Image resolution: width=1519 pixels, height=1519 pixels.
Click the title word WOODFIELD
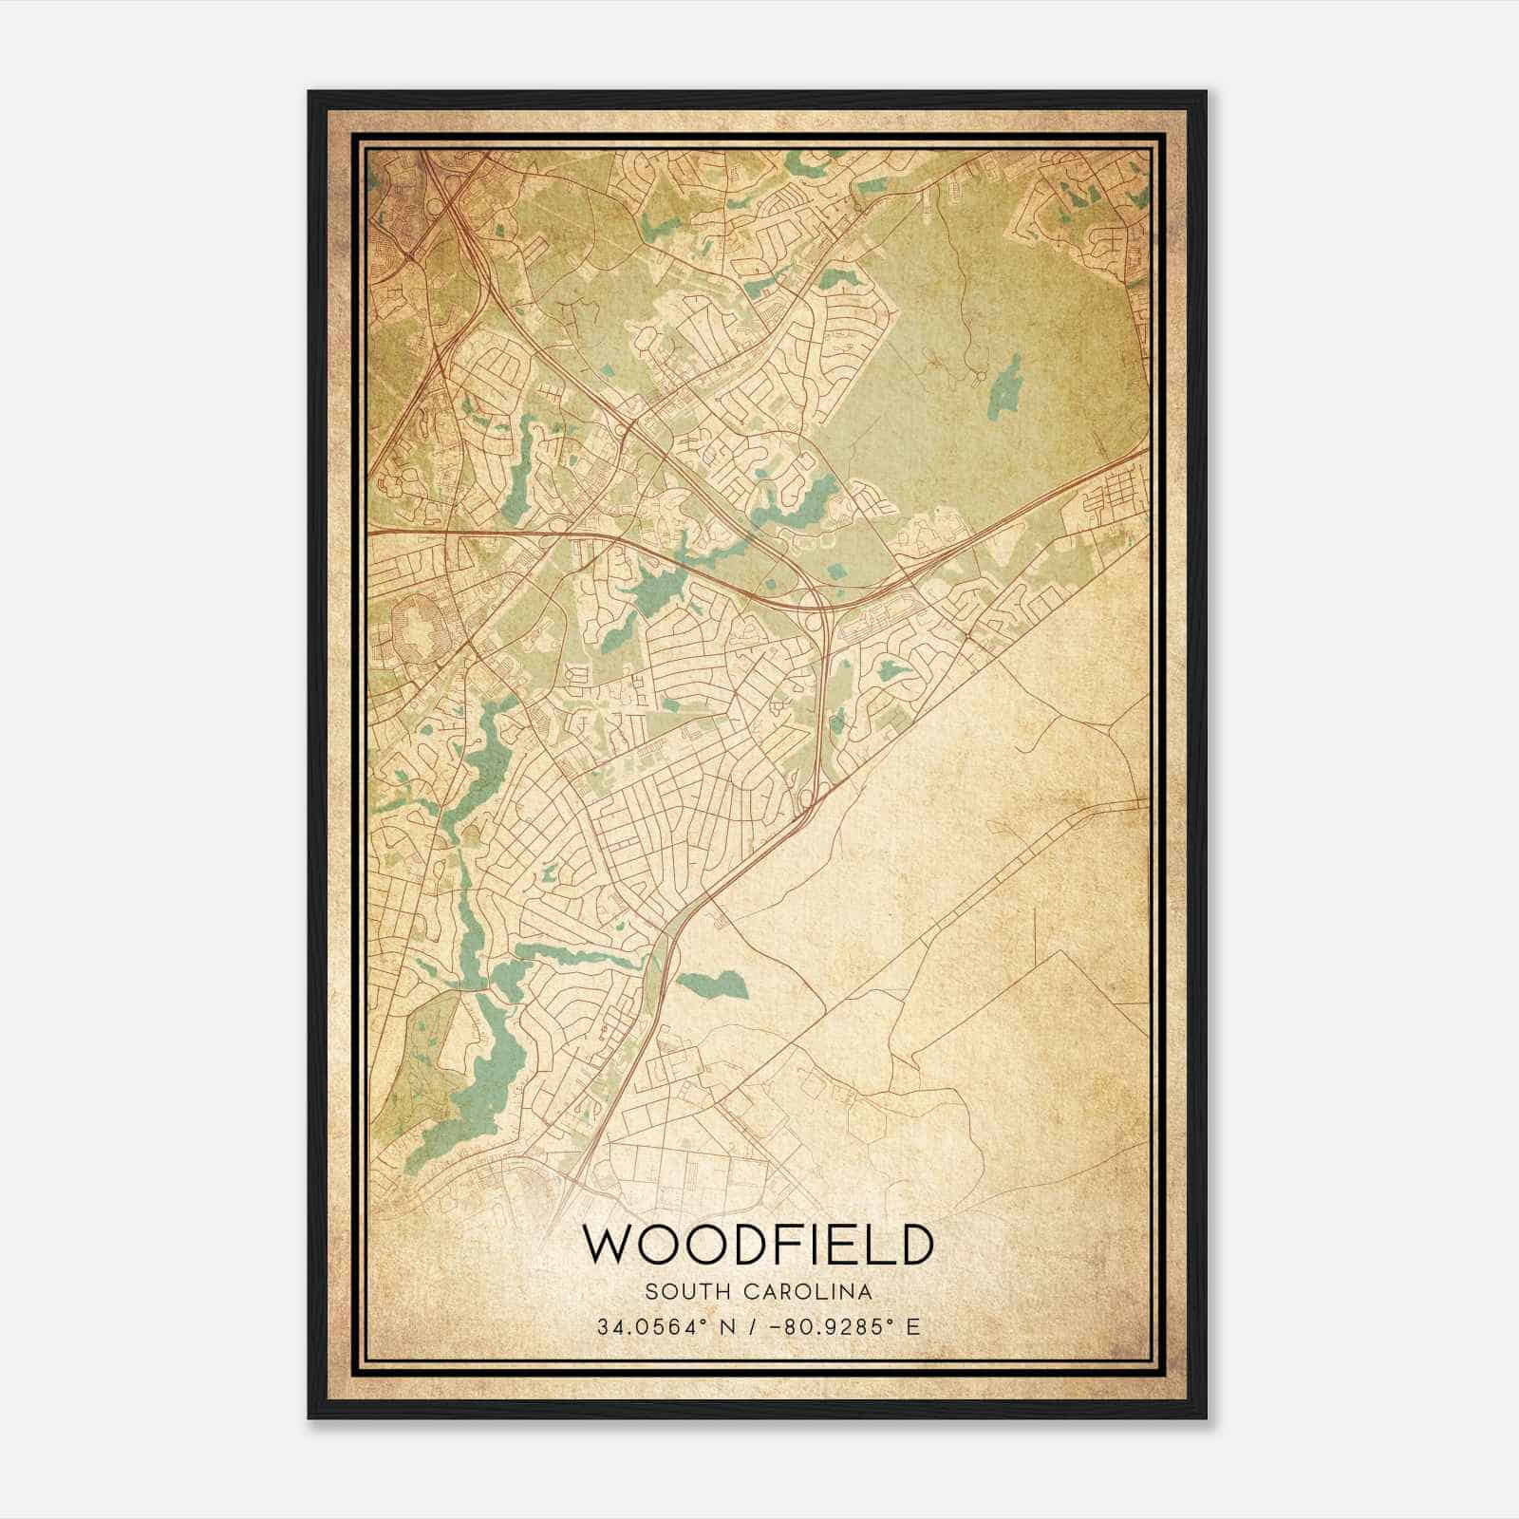pos(758,1245)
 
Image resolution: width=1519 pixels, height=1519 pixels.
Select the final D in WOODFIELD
pos(914,1245)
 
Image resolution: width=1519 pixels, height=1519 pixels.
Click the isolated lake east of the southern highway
pos(714,985)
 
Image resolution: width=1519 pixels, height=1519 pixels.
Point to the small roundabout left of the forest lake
pos(977,378)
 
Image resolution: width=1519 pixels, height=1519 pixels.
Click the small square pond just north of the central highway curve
pos(836,572)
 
